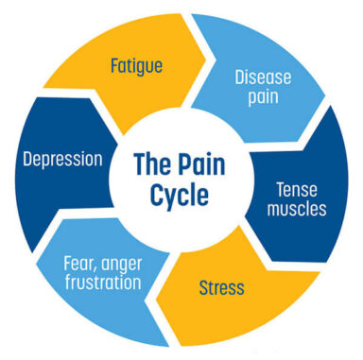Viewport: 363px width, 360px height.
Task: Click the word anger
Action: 123,263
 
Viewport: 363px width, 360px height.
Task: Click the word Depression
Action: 63,158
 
